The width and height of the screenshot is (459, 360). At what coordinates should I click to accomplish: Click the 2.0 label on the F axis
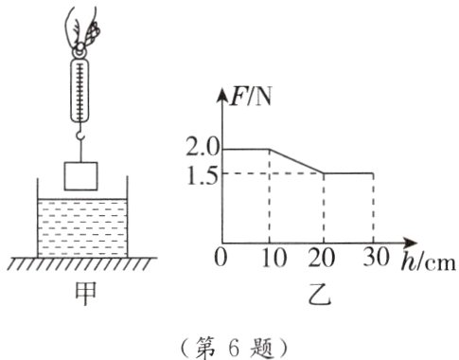coord(203,148)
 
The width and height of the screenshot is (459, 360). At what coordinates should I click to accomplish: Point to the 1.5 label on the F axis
coord(203,173)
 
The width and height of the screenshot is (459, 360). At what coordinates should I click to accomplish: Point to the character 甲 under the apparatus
coord(82,297)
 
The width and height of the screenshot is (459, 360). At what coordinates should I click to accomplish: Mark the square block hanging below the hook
coord(82,176)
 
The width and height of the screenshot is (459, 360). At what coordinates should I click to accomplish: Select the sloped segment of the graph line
coord(297,160)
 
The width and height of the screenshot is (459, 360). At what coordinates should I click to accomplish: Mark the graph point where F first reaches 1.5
coord(324,173)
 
